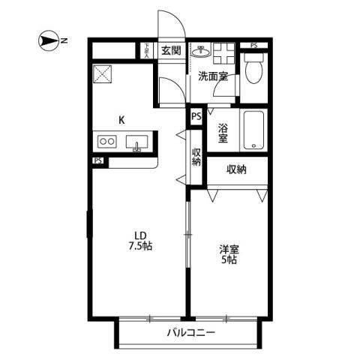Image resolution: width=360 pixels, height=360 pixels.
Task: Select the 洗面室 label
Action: pyautogui.click(x=211, y=76)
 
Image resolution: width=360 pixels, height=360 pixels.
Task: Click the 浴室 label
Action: pyautogui.click(x=222, y=133)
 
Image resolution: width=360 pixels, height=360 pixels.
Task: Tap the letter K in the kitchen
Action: pyautogui.click(x=121, y=118)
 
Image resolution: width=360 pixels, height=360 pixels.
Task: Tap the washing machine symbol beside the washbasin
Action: pyautogui.click(x=223, y=52)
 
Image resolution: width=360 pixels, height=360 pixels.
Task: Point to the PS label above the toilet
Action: pyautogui.click(x=253, y=46)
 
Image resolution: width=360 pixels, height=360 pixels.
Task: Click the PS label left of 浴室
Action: pyautogui.click(x=196, y=116)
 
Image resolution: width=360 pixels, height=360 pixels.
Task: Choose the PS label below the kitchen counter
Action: pyautogui.click(x=98, y=160)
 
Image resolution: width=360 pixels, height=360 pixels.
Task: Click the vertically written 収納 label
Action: pyautogui.click(x=196, y=157)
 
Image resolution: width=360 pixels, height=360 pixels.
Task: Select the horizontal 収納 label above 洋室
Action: pyautogui.click(x=237, y=169)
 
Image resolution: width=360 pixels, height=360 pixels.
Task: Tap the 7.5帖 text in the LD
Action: pyautogui.click(x=139, y=245)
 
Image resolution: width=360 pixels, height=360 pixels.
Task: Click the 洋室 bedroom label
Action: pyautogui.click(x=229, y=248)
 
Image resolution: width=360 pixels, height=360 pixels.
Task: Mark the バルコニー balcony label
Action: pyautogui.click(x=190, y=331)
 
